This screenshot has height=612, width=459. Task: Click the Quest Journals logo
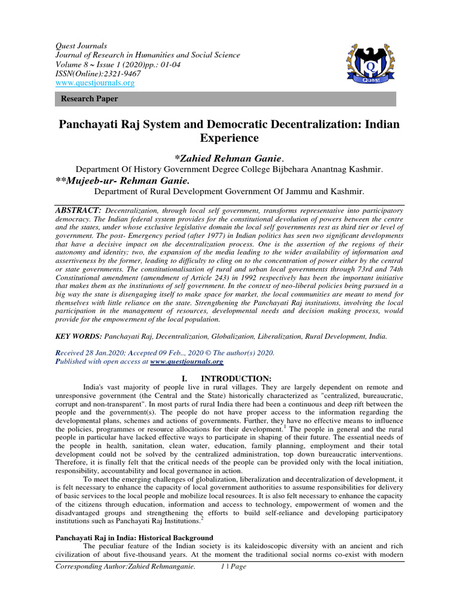pyautogui.click(x=369, y=63)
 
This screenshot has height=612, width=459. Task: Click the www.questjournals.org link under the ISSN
pyautogui.click(x=94, y=83)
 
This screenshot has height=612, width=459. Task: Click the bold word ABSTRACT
pyautogui.click(x=78, y=210)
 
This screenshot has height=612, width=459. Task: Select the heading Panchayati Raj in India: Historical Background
pyautogui.click(x=134, y=538)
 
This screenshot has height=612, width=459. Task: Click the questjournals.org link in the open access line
pyautogui.click(x=186, y=362)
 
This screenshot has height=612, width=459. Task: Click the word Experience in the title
pyautogui.click(x=229, y=139)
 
